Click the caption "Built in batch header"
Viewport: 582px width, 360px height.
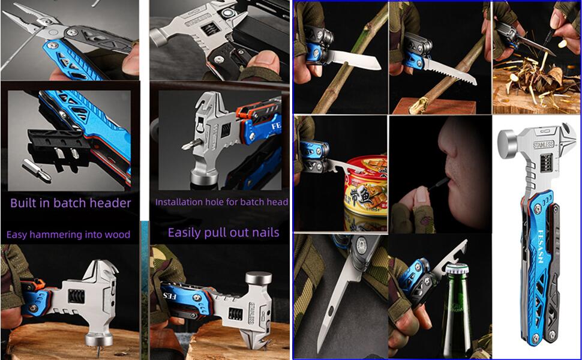click(x=70, y=203)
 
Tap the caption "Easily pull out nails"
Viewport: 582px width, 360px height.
click(x=223, y=232)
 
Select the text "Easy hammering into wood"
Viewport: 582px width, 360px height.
click(x=68, y=234)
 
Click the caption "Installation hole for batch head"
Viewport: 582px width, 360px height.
click(x=221, y=202)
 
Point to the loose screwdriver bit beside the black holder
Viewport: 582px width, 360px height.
click(x=36, y=170)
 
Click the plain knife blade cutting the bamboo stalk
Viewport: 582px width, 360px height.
click(x=355, y=60)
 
